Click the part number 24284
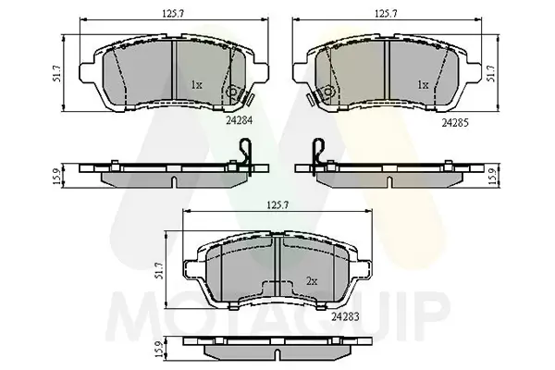[x=240, y=120]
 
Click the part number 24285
[x=455, y=122]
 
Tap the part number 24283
[x=345, y=316]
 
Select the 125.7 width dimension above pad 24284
[x=173, y=14]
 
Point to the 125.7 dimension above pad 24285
[x=386, y=14]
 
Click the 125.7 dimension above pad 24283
[x=277, y=204]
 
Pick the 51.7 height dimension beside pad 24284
[x=56, y=74]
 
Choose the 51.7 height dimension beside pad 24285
[x=492, y=74]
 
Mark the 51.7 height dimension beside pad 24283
[x=160, y=270]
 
